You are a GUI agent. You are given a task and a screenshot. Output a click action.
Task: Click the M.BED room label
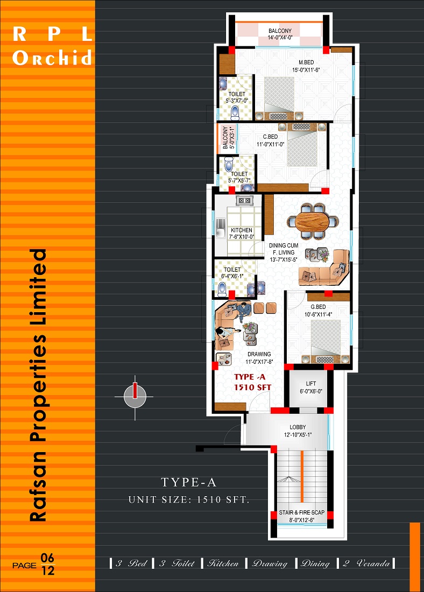306,62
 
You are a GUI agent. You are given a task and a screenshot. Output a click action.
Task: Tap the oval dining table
312,222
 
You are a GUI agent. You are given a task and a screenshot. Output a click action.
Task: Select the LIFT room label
311,384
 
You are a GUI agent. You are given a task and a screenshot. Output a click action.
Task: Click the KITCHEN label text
242,230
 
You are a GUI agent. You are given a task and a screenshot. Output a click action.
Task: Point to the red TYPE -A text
250,377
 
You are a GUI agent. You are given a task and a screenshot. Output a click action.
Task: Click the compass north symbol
135,397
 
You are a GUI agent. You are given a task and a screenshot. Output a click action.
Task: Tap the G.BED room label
318,307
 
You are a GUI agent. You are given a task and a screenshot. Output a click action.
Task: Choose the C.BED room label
270,137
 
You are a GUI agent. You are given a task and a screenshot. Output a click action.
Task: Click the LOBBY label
298,427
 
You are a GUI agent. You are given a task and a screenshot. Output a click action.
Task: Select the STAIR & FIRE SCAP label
302,512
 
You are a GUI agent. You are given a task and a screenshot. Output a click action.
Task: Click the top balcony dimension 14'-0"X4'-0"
280,37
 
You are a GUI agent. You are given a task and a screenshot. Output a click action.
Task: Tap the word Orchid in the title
52,58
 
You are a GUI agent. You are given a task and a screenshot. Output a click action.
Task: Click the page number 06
47,558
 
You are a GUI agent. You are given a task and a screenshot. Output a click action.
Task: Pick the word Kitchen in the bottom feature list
223,563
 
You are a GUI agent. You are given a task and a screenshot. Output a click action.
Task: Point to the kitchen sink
221,228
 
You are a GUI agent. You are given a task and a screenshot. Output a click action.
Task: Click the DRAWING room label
259,354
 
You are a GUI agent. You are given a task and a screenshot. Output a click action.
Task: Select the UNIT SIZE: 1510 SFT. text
189,499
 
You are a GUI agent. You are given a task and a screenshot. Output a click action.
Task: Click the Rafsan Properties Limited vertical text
38,385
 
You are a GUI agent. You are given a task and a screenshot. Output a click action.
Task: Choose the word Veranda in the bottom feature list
373,563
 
